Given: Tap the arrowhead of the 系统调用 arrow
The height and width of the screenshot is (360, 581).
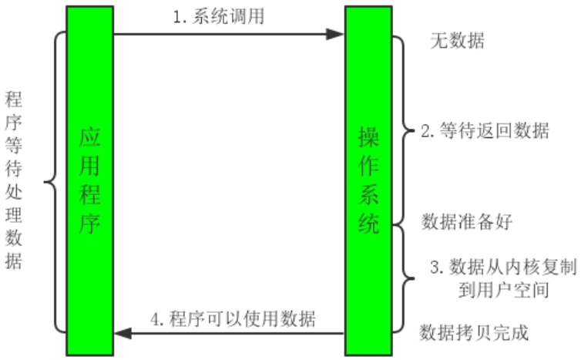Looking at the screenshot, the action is (x=335, y=34).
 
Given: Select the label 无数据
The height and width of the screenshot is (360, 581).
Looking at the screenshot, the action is (x=457, y=41).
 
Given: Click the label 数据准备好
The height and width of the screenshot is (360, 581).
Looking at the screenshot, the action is (x=467, y=222).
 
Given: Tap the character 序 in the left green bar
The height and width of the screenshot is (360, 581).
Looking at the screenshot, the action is (x=90, y=224).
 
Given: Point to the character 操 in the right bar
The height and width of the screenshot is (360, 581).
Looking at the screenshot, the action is (x=369, y=136).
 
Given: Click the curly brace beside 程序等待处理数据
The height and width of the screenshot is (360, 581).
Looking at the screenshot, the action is (x=49, y=183).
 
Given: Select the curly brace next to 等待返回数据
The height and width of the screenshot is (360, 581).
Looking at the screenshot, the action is (x=406, y=131).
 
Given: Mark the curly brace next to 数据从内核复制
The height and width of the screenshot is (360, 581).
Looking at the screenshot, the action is (x=406, y=278).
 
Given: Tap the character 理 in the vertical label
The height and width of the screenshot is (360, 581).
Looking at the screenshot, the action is (x=13, y=210).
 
